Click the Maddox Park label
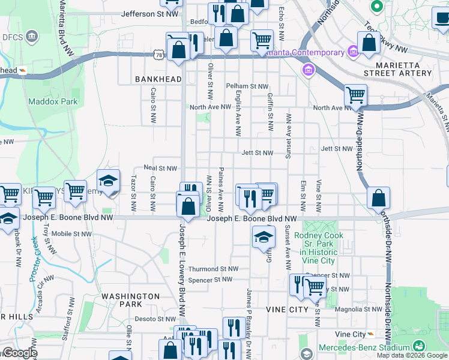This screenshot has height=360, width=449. (53, 101)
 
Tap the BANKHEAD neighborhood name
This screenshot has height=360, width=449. (158, 79)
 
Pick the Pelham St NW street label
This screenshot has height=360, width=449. (247, 86)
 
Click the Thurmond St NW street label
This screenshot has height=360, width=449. (213, 269)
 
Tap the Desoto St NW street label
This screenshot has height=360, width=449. (153, 319)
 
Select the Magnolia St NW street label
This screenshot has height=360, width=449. (358, 310)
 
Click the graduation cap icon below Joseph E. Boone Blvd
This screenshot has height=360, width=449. (263, 237)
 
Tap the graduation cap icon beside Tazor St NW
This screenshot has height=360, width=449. (108, 181)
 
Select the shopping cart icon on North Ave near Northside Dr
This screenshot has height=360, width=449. (356, 95)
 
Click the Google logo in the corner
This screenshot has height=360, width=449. (19, 353)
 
